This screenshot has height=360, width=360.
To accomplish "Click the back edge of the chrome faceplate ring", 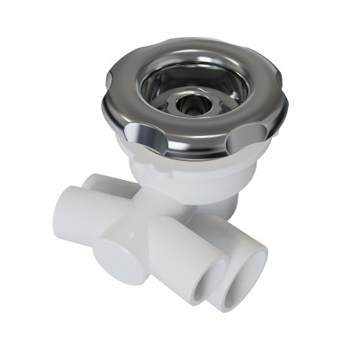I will point(193,45).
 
